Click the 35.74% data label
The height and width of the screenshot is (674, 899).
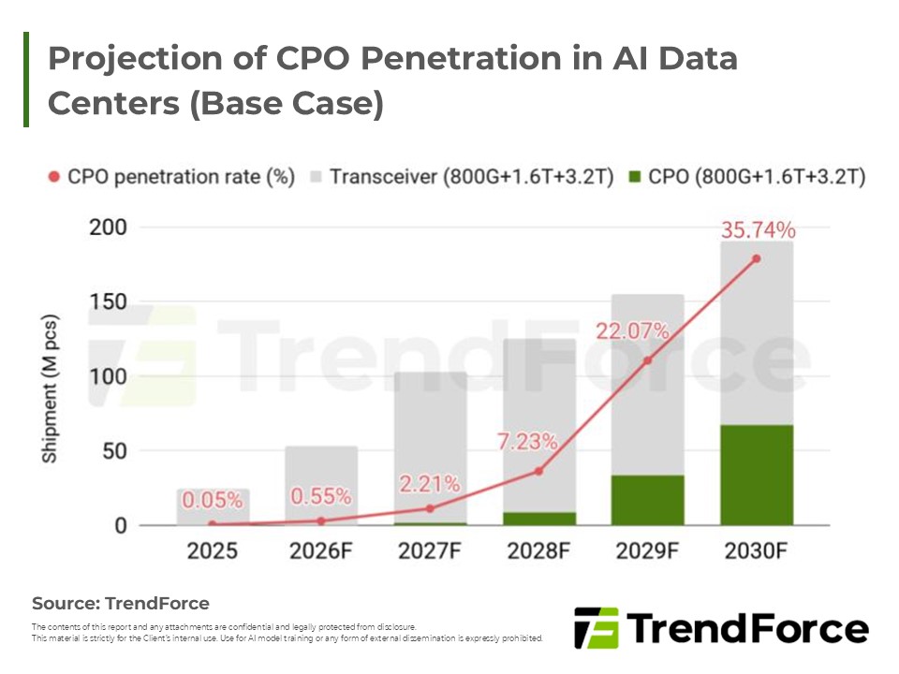(757, 230)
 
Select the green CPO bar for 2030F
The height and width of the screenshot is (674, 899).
(757, 475)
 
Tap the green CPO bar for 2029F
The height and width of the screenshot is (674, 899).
(647, 500)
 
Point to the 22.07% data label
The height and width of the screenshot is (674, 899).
(634, 330)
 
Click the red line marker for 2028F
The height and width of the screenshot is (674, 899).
(538, 471)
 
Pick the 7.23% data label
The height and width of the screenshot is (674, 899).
(527, 439)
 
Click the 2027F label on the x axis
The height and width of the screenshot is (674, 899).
(429, 550)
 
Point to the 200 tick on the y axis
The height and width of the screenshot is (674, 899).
(107, 227)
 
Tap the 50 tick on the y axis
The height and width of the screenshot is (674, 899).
(113, 451)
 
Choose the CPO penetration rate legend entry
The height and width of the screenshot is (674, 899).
(157, 177)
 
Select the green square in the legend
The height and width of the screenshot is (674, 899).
(636, 177)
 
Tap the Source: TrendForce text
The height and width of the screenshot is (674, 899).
(121, 603)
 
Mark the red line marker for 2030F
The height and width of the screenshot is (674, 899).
(757, 258)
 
